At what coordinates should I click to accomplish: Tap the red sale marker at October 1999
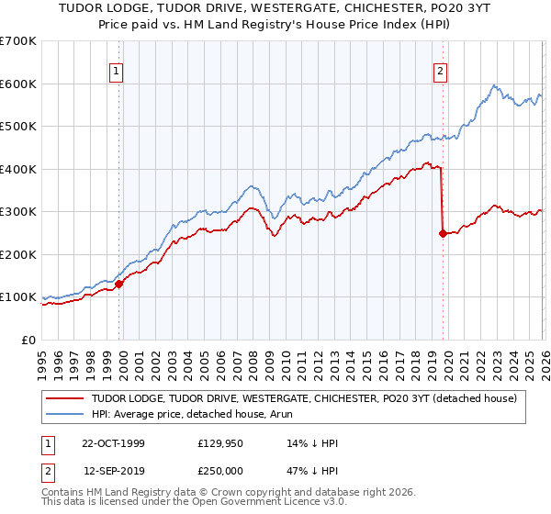119,285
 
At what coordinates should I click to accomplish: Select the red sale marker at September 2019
443,233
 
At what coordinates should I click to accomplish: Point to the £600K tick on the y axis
18,84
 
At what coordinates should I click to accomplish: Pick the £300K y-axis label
18,212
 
